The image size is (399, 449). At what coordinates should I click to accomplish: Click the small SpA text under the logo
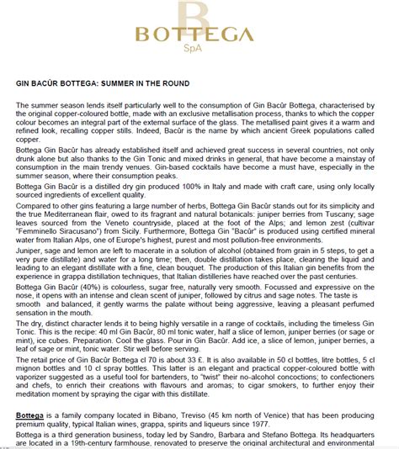(200, 52)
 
